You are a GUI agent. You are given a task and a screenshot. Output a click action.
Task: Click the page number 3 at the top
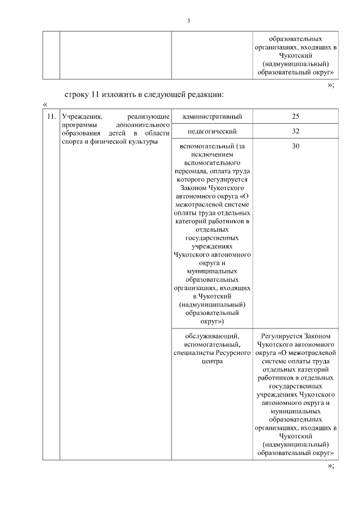click(x=188, y=21)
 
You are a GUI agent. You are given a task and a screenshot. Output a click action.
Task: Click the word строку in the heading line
click(x=78, y=93)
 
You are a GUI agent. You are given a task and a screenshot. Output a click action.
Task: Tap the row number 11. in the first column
click(x=51, y=116)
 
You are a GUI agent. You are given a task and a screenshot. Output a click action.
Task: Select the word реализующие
click(x=149, y=116)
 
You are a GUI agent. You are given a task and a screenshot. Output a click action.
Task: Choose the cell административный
click(x=212, y=116)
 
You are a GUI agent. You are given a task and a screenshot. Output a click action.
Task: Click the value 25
click(x=296, y=116)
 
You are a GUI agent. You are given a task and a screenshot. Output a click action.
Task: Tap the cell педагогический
click(x=212, y=131)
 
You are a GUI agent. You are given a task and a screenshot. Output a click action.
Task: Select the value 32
click(x=296, y=131)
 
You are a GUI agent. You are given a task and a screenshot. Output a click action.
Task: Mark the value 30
click(x=296, y=146)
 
